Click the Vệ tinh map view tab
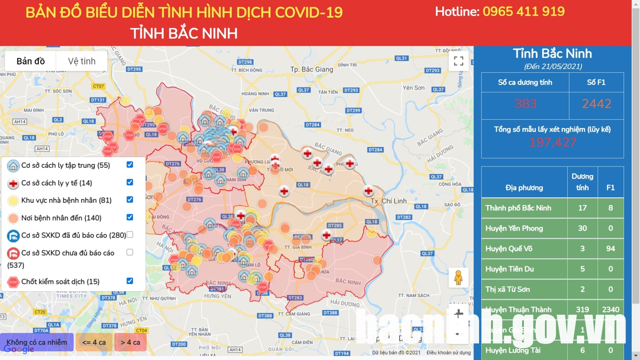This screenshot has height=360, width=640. [82, 61]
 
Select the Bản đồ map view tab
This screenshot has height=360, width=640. [31, 61]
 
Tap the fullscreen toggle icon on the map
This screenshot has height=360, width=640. [459, 61]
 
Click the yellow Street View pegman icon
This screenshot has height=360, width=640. [458, 278]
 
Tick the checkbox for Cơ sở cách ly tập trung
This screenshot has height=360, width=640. [130, 165]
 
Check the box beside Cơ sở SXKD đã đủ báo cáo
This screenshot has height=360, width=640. [130, 235]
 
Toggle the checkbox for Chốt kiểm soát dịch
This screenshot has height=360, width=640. [130, 281]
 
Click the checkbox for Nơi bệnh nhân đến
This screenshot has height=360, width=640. [130, 217]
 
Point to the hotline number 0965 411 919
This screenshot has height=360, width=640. [523, 11]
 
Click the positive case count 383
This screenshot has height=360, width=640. [525, 104]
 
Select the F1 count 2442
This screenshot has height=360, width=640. [597, 104]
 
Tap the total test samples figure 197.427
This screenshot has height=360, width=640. [552, 143]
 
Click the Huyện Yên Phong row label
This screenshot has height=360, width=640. [514, 228]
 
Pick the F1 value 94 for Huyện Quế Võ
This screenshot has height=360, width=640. [610, 248]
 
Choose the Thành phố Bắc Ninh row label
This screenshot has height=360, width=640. [518, 208]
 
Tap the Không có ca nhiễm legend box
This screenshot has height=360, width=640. [37, 342]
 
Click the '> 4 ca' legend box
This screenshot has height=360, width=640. [130, 342]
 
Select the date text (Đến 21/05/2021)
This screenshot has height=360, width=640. [553, 66]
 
